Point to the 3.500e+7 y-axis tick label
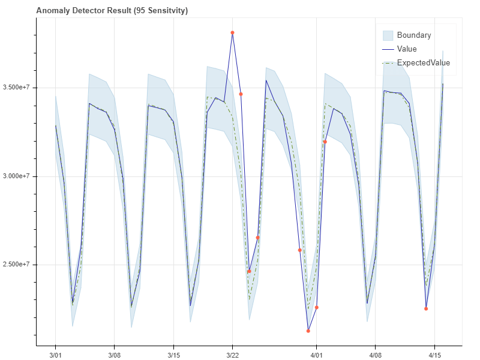(x=16, y=88)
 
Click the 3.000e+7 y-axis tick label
(x=16, y=176)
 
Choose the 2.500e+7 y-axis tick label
(x=16, y=265)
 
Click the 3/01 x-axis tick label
(x=55, y=355)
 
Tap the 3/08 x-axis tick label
(x=114, y=355)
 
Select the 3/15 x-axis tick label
(x=173, y=355)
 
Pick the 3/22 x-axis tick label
(x=232, y=355)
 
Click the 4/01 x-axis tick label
(x=316, y=355)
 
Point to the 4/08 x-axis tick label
(x=375, y=355)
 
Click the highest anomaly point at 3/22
(x=232, y=32)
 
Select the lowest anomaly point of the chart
(x=308, y=331)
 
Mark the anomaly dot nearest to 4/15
(x=426, y=308)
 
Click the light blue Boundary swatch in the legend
(x=388, y=35)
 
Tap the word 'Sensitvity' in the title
(x=166, y=10)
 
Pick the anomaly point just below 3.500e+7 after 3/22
(x=241, y=94)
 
